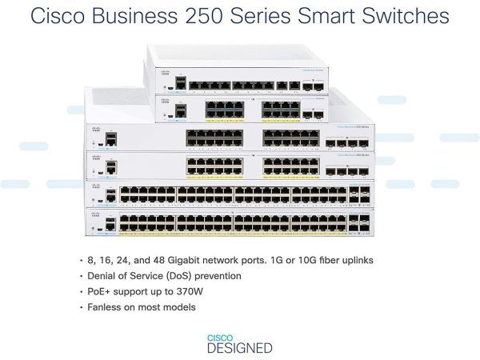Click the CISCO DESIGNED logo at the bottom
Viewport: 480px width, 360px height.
click(239, 343)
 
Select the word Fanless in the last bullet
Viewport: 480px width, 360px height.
click(110, 306)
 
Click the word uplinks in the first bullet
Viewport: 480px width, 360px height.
click(352, 261)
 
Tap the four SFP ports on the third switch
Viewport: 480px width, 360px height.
click(347, 145)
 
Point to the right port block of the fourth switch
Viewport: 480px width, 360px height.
click(290, 166)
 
